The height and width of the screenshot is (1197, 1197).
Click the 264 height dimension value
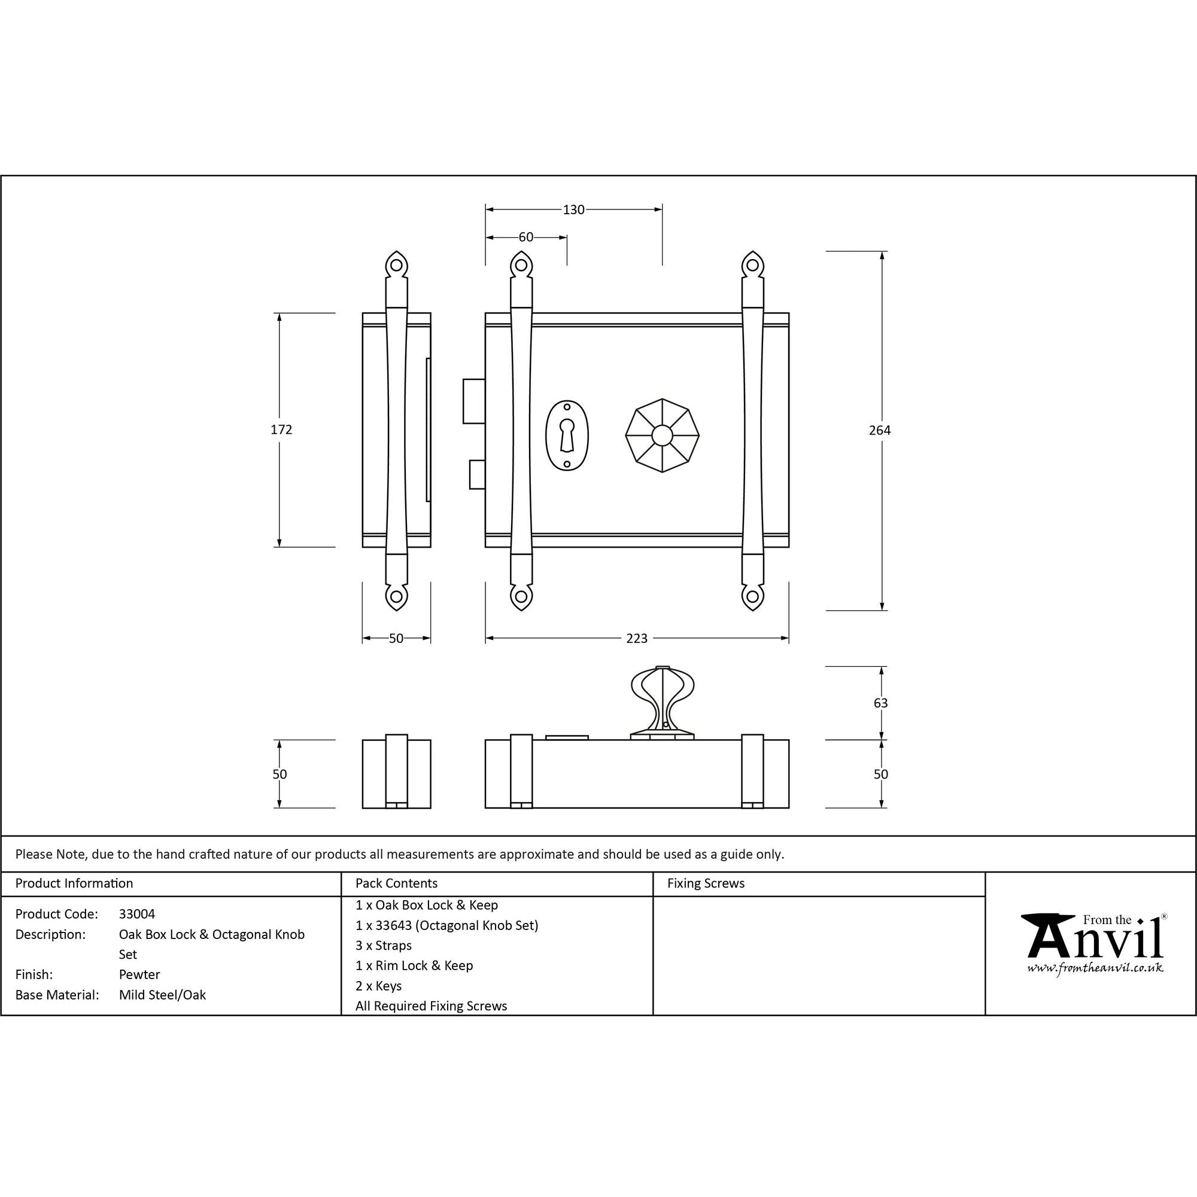pos(879,430)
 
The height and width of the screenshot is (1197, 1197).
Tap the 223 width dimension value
pos(637,639)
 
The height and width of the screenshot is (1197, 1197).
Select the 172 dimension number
pos(281,430)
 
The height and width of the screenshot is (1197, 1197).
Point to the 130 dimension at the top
pos(574,210)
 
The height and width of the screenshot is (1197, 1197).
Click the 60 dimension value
pos(526,237)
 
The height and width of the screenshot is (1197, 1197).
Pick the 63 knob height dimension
pos(880,703)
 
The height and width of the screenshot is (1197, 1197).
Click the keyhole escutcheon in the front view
pos(567,436)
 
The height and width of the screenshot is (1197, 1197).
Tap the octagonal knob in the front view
pos(662,436)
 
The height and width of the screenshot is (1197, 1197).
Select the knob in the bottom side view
pos(663,703)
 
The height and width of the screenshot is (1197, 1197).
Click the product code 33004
pos(137,914)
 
